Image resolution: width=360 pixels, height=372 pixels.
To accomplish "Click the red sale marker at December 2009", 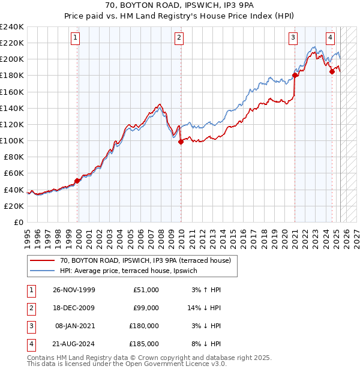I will pos(181,142).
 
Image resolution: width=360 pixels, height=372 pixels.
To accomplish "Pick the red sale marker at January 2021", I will pos(295,75).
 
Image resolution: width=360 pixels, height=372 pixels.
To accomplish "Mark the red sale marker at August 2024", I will pos(332,71).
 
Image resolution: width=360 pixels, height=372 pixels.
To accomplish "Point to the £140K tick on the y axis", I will pos(12,108).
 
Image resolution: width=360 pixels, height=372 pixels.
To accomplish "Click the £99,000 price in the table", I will pos(145,308).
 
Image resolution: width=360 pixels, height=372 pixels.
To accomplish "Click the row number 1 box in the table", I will pos(30,290).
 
